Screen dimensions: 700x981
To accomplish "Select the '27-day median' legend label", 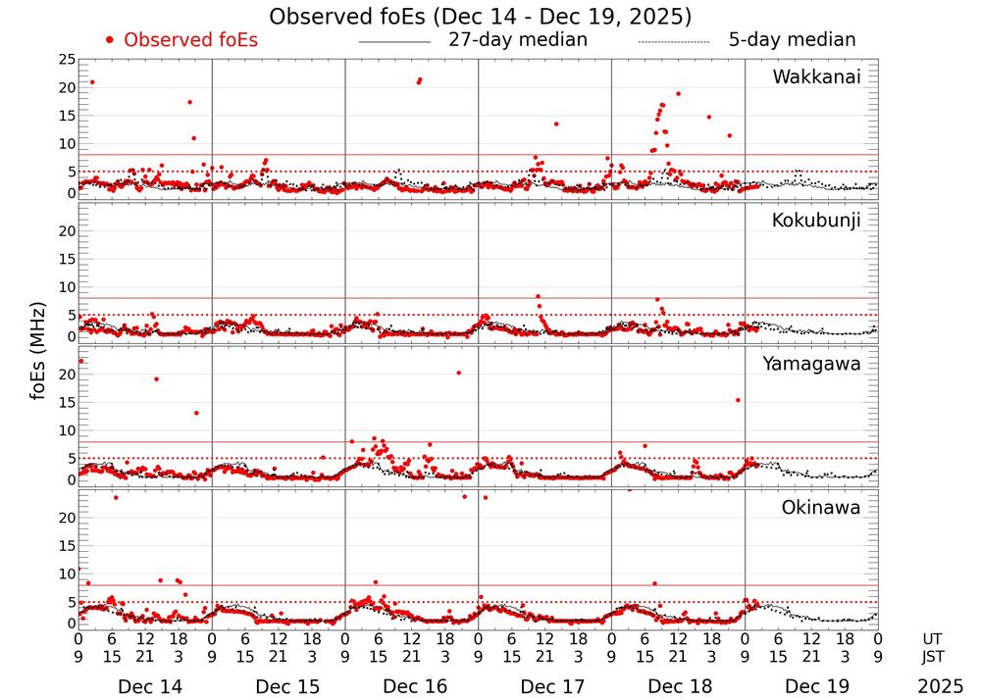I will (x=518, y=40).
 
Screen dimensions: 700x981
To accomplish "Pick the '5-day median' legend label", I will (x=792, y=40).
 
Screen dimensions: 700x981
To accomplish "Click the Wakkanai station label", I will (x=816, y=77).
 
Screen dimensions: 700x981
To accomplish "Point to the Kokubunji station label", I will (x=814, y=221).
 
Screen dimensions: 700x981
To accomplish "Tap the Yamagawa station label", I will (x=811, y=364).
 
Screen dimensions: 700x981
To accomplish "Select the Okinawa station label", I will (x=820, y=507).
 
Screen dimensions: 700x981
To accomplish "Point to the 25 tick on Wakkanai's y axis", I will (x=67, y=60).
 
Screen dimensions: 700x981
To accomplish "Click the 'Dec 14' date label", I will (x=144, y=687).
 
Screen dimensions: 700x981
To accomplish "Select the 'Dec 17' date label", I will (x=545, y=687).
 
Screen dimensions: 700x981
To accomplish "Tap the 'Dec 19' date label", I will (x=812, y=687).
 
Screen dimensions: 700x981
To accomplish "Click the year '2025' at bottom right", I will (x=941, y=687).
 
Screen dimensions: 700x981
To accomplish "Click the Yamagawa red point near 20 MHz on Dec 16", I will (x=458, y=373).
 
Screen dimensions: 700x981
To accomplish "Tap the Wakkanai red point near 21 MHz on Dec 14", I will (x=92, y=82).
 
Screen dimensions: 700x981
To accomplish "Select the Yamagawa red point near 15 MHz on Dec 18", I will (x=738, y=400).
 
